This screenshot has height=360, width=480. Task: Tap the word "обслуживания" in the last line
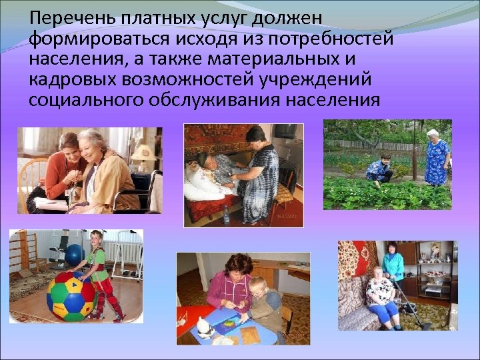tap(220, 100)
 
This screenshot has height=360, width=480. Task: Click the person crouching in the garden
tap(380, 170)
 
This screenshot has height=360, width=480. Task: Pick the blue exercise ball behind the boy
tap(75, 254)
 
